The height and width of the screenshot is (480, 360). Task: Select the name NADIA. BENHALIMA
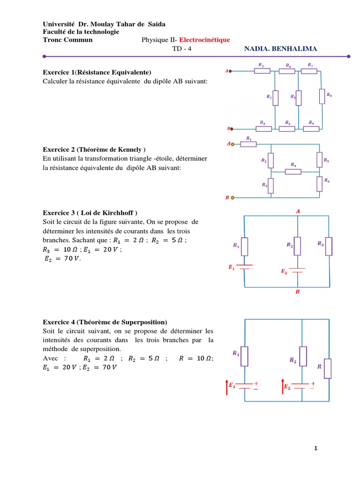pos(280,49)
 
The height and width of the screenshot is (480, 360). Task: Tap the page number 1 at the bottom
pos(316,449)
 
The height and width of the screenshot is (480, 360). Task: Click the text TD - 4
pos(182,49)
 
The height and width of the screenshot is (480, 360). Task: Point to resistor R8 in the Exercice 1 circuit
pos(322,97)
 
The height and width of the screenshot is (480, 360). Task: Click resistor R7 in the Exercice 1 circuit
pos(309,71)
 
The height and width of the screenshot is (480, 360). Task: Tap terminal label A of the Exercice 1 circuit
pos(227,71)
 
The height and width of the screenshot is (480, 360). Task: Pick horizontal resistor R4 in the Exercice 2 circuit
pos(293,172)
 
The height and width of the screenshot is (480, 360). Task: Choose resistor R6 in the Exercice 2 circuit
pos(319,183)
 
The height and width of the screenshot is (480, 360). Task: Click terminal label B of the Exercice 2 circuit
pos(227,198)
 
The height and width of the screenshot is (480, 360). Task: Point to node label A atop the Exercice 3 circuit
pos(298,211)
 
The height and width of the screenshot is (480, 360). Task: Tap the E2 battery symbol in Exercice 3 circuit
pos(298,270)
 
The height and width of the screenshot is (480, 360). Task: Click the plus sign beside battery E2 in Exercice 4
pos(313,383)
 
